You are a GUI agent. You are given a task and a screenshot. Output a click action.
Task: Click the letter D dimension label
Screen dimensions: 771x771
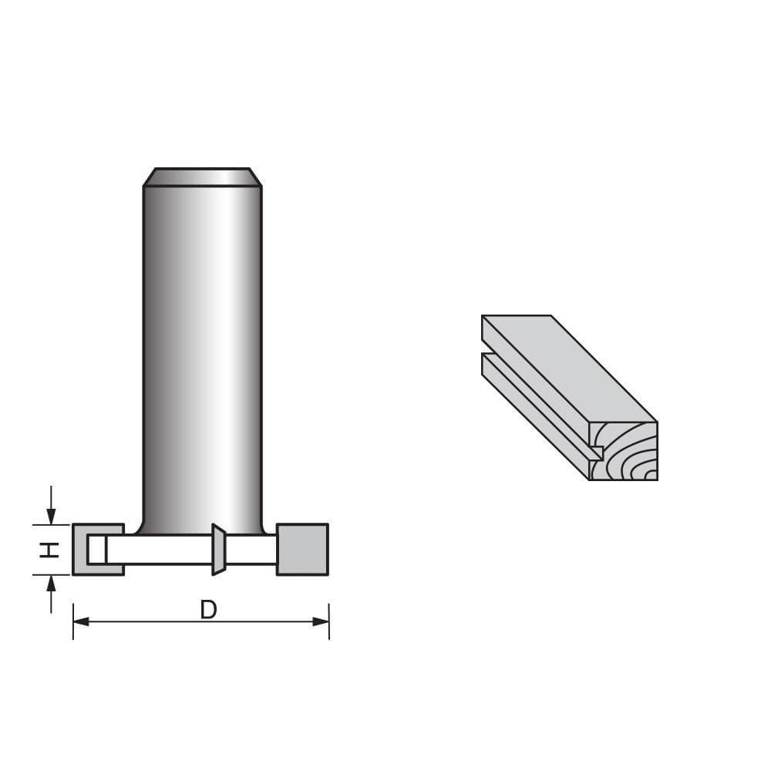click(208, 610)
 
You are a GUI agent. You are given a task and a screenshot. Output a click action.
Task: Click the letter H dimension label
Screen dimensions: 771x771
click(49, 549)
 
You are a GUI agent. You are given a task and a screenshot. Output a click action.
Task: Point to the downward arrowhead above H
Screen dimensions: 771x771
click(51, 516)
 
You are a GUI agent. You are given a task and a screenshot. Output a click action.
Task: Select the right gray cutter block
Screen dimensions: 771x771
click(302, 549)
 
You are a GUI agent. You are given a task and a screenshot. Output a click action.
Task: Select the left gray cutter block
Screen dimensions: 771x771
click(80, 549)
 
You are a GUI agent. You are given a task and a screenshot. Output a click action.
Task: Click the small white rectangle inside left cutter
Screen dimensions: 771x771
click(96, 550)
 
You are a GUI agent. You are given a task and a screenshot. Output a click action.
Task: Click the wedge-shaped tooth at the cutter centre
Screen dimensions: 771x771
click(218, 550)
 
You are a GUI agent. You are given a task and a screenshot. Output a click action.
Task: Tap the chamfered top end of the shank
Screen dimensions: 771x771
click(202, 177)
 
